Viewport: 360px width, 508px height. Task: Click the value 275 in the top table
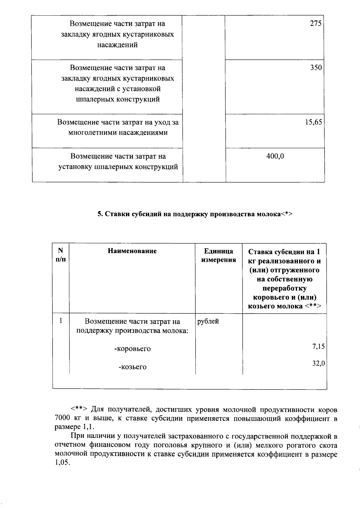click(x=316, y=24)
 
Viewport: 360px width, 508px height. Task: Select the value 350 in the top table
click(x=316, y=68)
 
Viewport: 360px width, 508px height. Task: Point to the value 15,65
click(x=313, y=122)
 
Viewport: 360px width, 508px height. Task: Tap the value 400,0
click(x=275, y=156)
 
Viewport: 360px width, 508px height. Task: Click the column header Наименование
click(x=132, y=251)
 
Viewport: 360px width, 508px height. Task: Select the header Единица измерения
click(x=218, y=255)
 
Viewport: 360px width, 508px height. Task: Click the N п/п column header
click(x=61, y=255)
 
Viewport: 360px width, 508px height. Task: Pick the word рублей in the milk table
click(x=208, y=321)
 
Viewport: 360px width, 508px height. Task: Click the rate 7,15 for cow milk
click(x=318, y=347)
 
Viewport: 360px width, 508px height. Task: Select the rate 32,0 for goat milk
click(x=318, y=364)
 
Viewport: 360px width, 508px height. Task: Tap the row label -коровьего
click(x=132, y=349)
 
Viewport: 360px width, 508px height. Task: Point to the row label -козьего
click(x=132, y=367)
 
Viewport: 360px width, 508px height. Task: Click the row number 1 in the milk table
click(x=61, y=321)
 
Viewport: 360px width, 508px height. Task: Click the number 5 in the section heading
click(x=99, y=214)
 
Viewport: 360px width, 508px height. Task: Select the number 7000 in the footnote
click(x=62, y=419)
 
